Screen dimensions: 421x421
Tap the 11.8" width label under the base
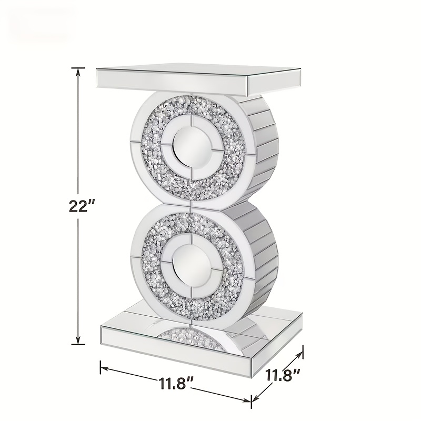(x=176, y=384)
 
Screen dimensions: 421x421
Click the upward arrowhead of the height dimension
(x=78, y=73)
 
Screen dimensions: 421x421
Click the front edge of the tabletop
(x=172, y=83)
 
